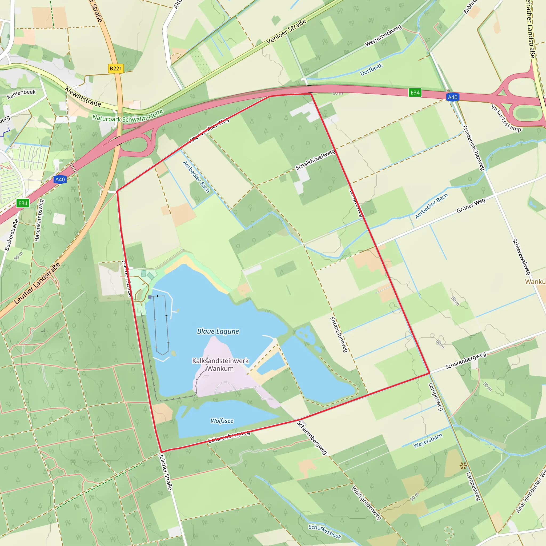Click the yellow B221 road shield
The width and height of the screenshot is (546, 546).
[x=116, y=69]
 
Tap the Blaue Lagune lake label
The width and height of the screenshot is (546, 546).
[x=218, y=331]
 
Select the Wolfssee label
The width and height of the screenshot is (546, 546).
[x=222, y=421]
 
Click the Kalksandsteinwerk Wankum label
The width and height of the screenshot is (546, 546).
[x=220, y=364]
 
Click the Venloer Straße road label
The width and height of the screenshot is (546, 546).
[x=286, y=31]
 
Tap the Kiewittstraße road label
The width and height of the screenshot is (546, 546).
[x=83, y=96]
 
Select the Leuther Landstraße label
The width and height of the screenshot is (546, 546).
[x=37, y=283]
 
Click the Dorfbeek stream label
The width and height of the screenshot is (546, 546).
[x=371, y=70]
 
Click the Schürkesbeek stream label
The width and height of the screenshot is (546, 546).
[x=325, y=531]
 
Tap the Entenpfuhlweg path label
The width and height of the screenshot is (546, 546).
[x=339, y=335]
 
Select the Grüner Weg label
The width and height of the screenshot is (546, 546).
[x=471, y=206]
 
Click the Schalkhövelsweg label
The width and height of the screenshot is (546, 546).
[x=315, y=160]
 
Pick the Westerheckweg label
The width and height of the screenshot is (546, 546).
[x=383, y=36]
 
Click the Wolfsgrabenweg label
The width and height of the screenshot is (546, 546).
[x=366, y=503]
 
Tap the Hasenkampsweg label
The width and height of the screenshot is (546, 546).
[x=39, y=220]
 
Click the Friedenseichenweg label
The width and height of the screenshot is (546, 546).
[x=473, y=148]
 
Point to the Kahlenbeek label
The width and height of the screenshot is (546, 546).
[x=22, y=94]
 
